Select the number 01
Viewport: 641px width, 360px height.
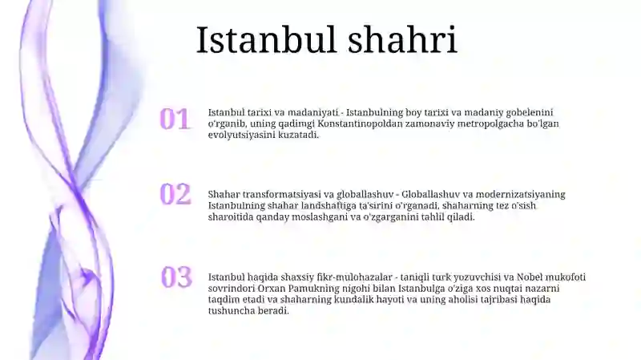(x=175, y=119)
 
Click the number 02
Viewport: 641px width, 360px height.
(x=175, y=194)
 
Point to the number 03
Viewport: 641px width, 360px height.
(x=176, y=277)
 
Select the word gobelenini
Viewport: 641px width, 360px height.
(x=526, y=113)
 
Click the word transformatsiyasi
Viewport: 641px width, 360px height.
(x=281, y=194)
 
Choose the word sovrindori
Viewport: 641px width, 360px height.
(x=232, y=288)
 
